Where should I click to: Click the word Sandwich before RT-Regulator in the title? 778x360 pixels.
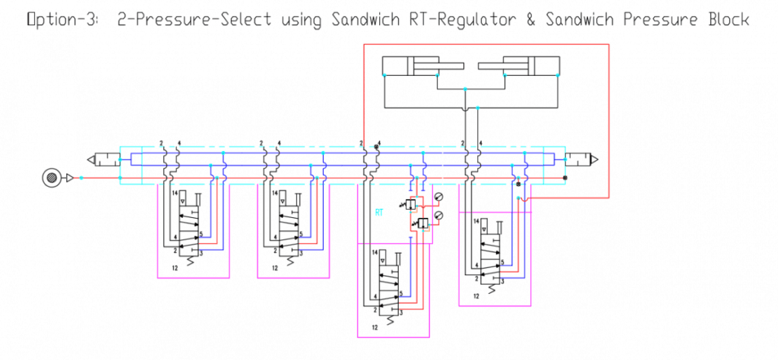pyautogui.click(x=363, y=21)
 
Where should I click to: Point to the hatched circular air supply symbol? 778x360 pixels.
pyautogui.click(x=51, y=178)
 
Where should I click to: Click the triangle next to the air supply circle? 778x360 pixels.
pyautogui.click(x=69, y=178)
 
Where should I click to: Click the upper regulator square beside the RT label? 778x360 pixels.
pyautogui.click(x=411, y=204)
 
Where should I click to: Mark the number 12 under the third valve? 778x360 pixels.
pyautogui.click(x=375, y=327)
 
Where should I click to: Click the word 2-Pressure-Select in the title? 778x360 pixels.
pyautogui.click(x=193, y=21)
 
